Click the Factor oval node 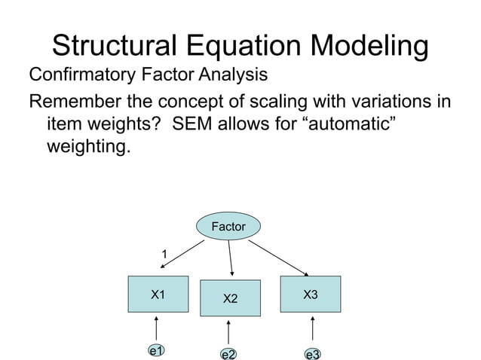[228, 226]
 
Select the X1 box [158, 294]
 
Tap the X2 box [230, 299]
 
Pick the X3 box [310, 294]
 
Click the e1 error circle [157, 351]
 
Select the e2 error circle [228, 354]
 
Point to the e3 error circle [312, 354]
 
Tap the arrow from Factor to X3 [279, 258]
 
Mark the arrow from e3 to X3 [312, 329]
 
